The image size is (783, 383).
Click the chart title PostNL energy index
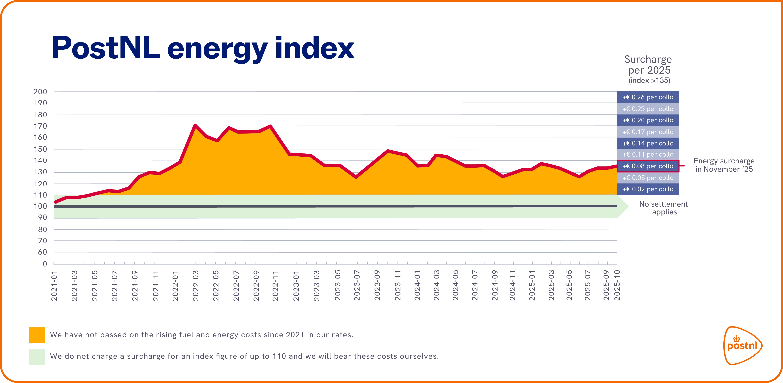(x=203, y=48)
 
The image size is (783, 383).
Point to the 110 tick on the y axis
(x=40, y=195)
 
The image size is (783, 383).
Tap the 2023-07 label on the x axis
(x=357, y=286)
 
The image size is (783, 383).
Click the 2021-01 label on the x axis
(x=54, y=286)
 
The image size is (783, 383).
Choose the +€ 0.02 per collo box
(x=648, y=189)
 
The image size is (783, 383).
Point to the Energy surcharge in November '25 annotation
(x=724, y=165)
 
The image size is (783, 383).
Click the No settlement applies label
(x=664, y=208)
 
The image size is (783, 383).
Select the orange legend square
(x=37, y=335)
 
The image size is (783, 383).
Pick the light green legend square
(x=37, y=357)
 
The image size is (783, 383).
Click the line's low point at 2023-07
(x=356, y=177)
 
